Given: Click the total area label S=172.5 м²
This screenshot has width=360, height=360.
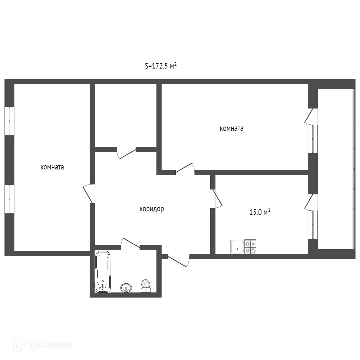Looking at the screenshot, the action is [160, 66].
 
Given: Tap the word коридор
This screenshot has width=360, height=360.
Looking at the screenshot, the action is [152, 209].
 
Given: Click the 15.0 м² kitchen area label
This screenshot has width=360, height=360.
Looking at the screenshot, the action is [260, 212].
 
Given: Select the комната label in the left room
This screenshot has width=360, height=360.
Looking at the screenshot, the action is [52, 167].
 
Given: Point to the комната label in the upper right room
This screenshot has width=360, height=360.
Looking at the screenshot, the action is [231, 128].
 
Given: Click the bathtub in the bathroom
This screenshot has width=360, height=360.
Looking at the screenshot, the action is [103, 272].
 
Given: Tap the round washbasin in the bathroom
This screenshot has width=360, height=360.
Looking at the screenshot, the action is [126, 288].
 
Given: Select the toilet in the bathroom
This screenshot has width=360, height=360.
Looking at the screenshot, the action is [146, 286].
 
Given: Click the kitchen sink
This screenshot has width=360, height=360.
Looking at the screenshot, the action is [237, 247].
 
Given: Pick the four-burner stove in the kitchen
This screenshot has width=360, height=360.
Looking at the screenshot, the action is [250, 246].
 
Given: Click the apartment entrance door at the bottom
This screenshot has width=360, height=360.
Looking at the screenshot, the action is [179, 261].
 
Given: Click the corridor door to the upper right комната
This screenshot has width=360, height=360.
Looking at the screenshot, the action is [185, 169].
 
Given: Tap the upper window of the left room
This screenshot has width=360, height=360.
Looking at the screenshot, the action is [9, 121].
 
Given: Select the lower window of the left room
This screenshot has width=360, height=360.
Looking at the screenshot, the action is [9, 199].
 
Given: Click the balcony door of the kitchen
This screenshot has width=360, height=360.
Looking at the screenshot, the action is [311, 202].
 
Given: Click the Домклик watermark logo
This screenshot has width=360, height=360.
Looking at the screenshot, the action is [42, 345].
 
